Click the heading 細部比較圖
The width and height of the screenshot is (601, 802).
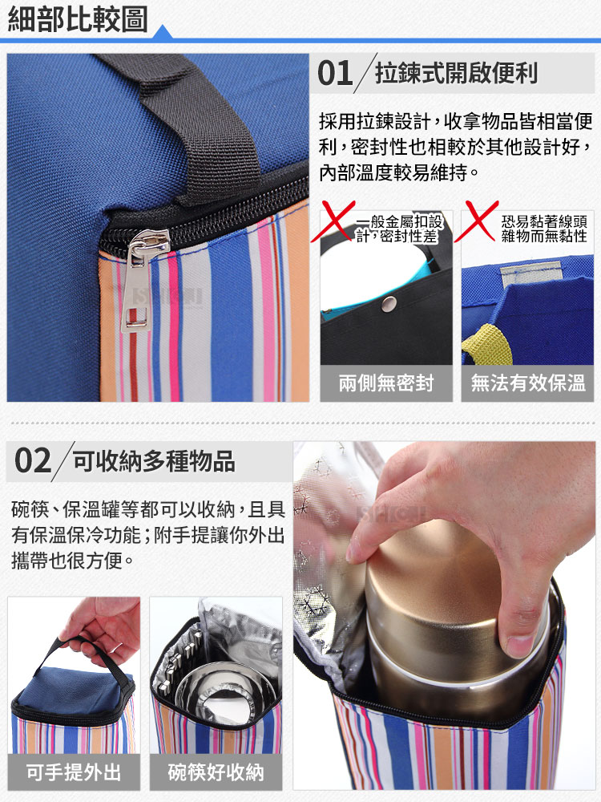pos(77,19)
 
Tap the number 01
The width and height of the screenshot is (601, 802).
pos(335,73)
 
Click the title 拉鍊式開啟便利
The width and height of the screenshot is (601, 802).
pos(457,73)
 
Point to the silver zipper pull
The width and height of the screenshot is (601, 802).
pos(143,280)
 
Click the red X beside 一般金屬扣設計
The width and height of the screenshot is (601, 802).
pos(333,221)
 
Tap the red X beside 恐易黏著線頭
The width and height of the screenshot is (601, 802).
pos(476,221)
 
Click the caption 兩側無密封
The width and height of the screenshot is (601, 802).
pos(386,383)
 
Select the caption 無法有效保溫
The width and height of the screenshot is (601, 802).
pos(528,383)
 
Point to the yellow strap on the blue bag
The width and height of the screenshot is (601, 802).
pos(487,342)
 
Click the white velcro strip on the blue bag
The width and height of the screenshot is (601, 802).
pos(530,274)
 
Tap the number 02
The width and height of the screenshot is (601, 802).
pos(33,461)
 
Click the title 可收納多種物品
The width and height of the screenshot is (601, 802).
pos(154,461)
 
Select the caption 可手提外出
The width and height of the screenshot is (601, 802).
pos(74,772)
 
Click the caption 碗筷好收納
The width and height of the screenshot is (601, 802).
pos(216,772)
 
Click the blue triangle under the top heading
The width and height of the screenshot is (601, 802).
pos(162,32)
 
